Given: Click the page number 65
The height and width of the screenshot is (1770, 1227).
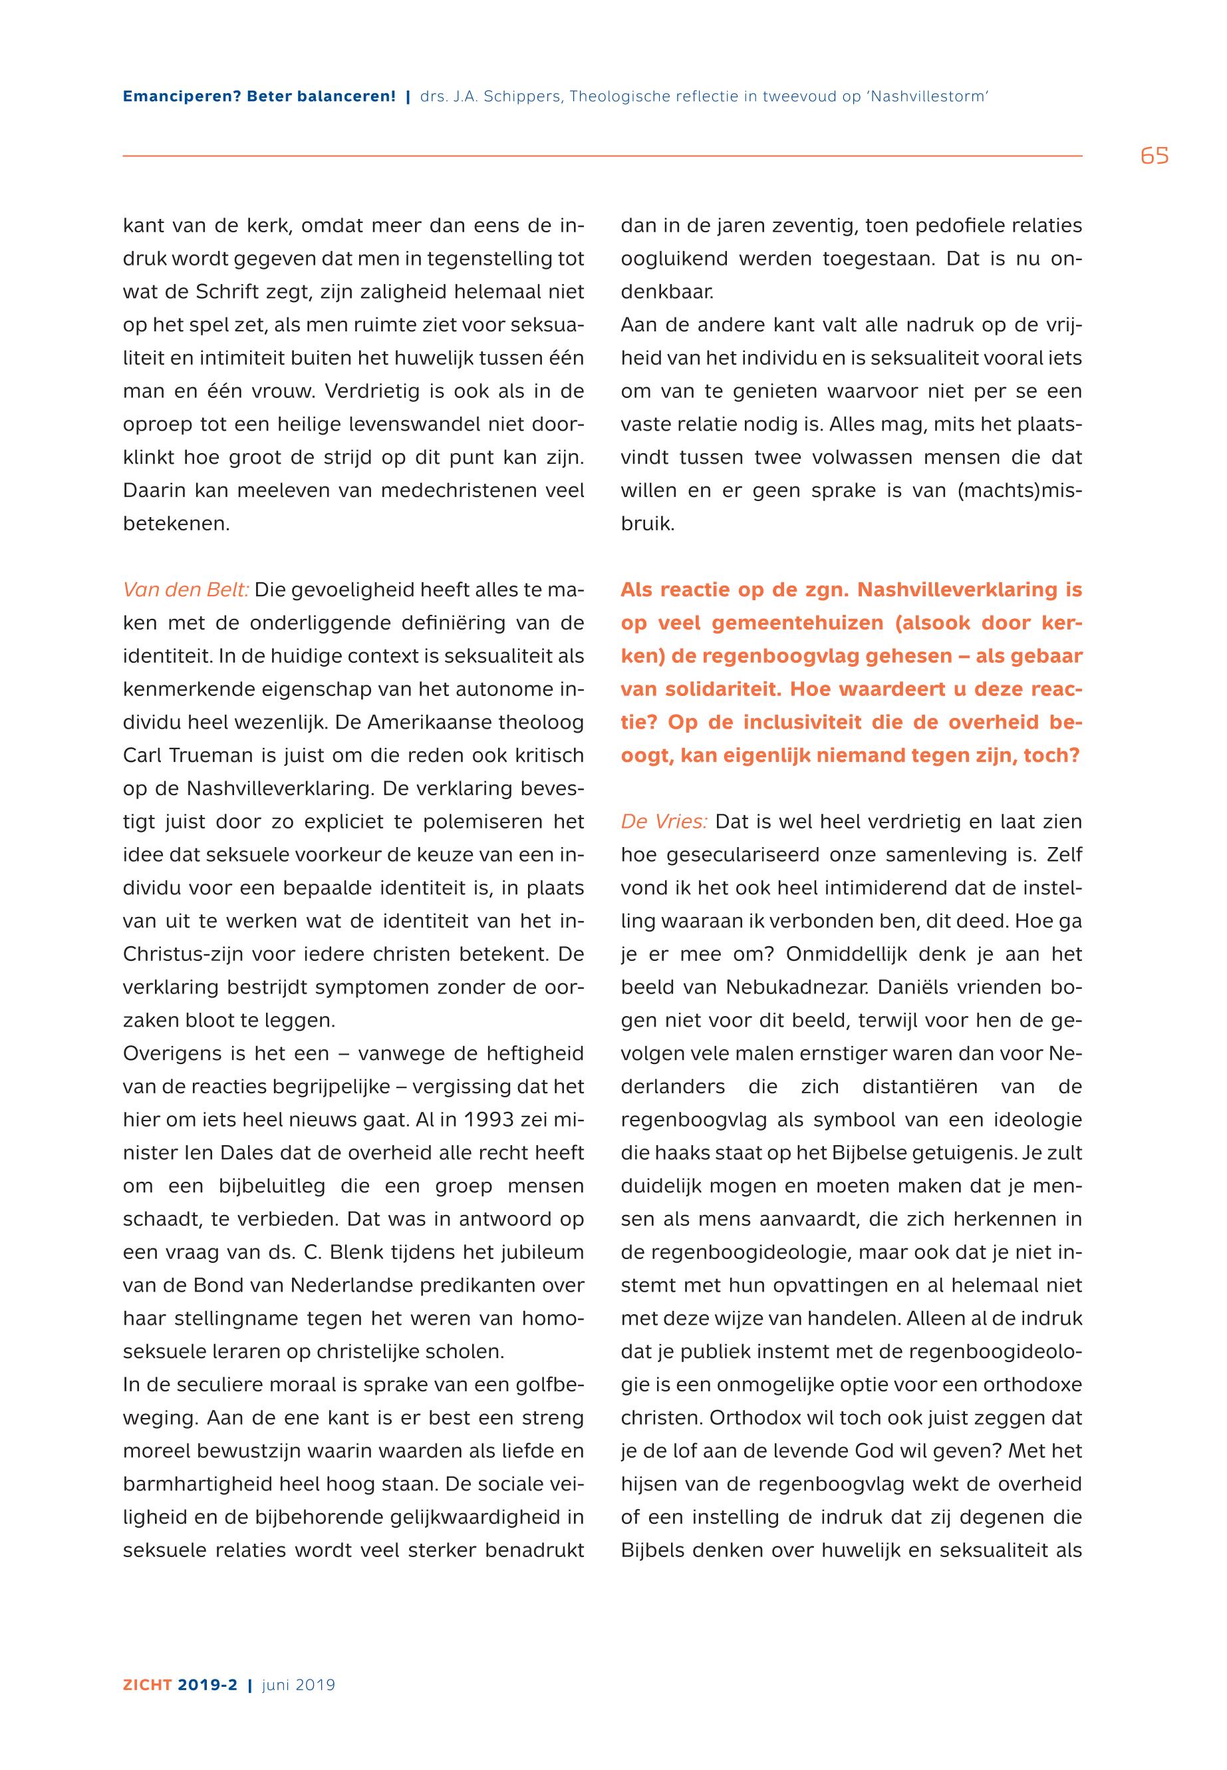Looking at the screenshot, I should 1154,156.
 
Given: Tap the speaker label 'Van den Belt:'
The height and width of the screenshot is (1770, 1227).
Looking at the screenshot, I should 186,590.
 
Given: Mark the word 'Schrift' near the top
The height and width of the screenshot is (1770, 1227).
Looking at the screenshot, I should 226,292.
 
